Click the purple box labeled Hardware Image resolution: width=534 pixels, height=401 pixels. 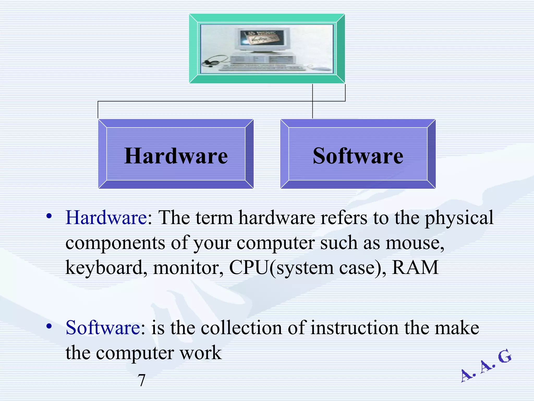pos(176,154)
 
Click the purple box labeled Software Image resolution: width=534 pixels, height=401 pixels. pos(358,154)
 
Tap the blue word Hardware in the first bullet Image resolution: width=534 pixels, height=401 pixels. pos(106,217)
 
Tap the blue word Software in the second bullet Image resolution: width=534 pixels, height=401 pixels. pos(103,328)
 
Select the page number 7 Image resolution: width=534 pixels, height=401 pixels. pos(141,380)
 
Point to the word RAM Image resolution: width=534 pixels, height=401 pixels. pos(415,268)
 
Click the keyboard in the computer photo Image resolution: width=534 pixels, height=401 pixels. pos(262,68)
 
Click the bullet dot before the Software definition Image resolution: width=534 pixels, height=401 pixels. pos(49,326)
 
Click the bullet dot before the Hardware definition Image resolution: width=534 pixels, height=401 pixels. pos(49,216)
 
